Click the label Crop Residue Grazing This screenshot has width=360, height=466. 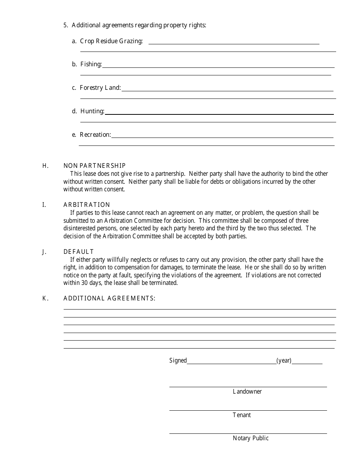(x=111, y=41)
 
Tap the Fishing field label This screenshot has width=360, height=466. (x=91, y=64)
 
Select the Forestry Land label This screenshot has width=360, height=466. (x=100, y=88)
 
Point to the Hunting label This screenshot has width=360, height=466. (x=92, y=111)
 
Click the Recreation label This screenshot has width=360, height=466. (x=95, y=135)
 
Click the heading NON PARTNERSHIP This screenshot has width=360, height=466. (x=94, y=166)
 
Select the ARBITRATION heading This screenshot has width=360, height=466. (x=87, y=205)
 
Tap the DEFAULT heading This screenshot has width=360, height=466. (x=78, y=252)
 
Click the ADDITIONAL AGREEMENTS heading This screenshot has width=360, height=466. (x=109, y=298)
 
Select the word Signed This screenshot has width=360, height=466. (x=178, y=361)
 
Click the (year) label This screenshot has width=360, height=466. (x=284, y=361)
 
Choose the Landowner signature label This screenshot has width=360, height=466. (x=247, y=392)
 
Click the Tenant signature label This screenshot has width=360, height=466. (x=242, y=415)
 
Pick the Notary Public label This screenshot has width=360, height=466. (x=250, y=438)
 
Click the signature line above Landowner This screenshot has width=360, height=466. (x=248, y=387)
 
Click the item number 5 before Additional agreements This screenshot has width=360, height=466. (x=66, y=25)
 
